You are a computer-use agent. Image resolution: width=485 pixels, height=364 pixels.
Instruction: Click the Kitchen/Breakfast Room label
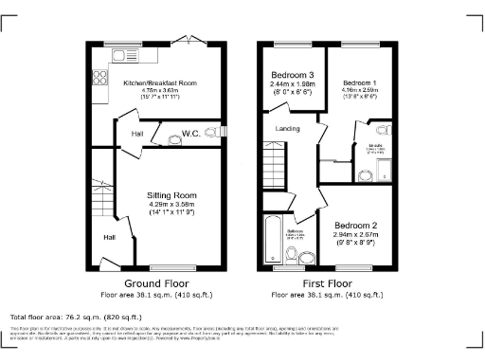coord(160,84)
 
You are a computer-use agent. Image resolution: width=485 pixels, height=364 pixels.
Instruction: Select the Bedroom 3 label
coord(292,75)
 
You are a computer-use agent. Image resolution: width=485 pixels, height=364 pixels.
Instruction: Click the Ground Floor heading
coord(157,283)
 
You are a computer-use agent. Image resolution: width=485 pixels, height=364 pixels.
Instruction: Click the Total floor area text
coord(76,316)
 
